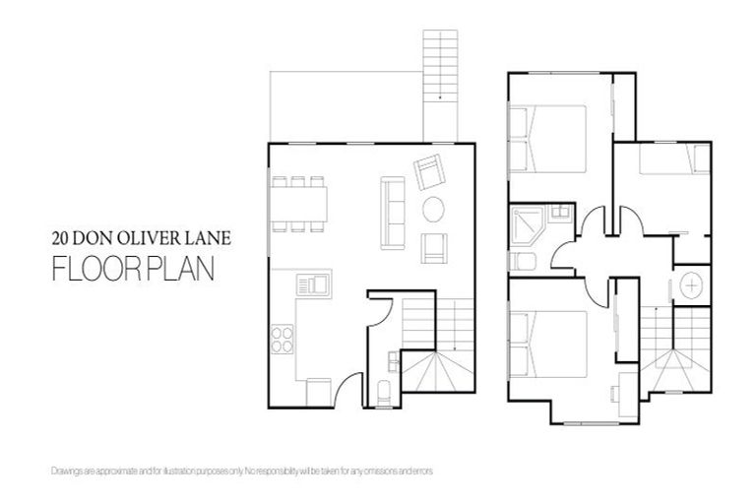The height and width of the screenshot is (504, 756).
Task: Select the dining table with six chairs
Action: click(x=299, y=205)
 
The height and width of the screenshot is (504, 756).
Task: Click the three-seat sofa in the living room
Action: click(x=391, y=213)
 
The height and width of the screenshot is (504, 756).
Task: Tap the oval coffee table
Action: click(x=433, y=209)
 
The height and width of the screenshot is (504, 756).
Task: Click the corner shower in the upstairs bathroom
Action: click(x=525, y=224)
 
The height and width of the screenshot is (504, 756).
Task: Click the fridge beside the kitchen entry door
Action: click(x=319, y=390)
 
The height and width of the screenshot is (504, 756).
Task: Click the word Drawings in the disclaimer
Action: click(x=63, y=472)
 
